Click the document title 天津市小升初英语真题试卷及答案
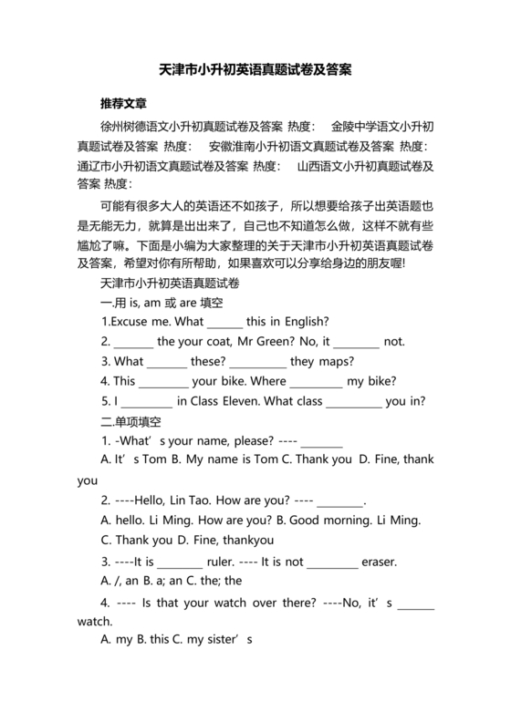pyautogui.click(x=255, y=69)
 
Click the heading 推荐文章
pyautogui.click(x=125, y=103)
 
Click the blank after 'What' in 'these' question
pyautogui.click(x=167, y=361)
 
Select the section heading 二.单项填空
pyautogui.click(x=130, y=421)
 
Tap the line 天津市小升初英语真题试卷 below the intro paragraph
pyautogui.click(x=169, y=284)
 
